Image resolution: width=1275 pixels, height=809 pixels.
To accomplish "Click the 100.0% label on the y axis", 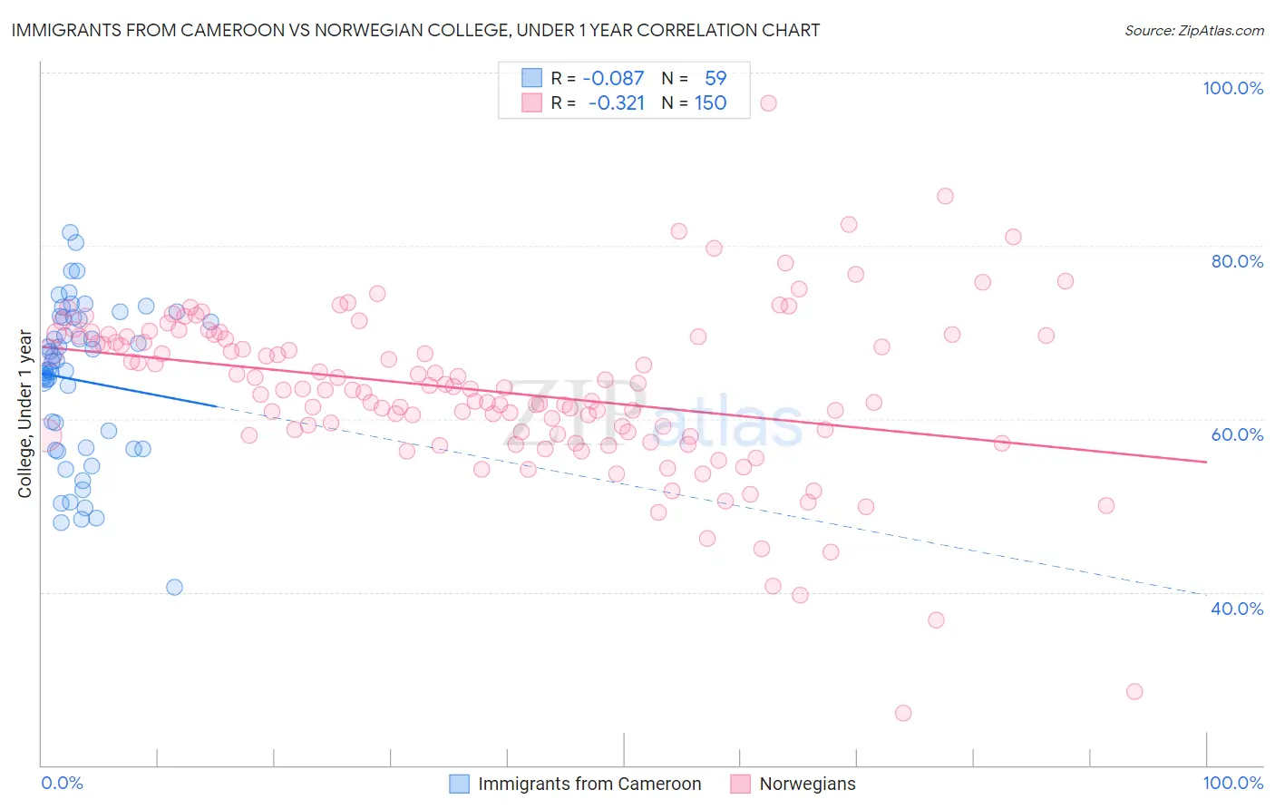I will click(1232, 88).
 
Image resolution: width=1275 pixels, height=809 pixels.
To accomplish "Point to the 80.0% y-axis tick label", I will click(1237, 261).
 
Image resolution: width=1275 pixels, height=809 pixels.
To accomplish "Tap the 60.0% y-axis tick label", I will click(1237, 434).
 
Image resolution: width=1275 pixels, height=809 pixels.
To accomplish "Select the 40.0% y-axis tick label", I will click(1237, 609).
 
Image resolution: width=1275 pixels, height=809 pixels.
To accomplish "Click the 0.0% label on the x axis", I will click(62, 783).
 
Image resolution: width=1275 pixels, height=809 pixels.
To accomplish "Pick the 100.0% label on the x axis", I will click(1232, 783).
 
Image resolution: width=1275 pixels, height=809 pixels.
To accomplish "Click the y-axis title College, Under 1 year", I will click(25, 414).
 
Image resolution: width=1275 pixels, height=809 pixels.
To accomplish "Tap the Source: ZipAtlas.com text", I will click(1193, 30).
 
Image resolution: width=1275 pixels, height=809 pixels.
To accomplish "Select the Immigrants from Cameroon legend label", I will click(589, 784).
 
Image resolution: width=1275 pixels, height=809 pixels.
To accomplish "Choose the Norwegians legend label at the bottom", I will click(807, 784).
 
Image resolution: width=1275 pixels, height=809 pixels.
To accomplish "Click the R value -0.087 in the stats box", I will click(613, 78).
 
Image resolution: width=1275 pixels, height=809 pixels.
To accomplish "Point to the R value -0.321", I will click(616, 102).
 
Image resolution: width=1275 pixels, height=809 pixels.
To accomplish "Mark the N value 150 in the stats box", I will click(710, 102).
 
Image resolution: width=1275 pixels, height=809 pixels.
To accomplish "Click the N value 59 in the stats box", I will click(715, 78).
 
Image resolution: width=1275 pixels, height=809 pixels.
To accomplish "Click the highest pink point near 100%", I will click(768, 102).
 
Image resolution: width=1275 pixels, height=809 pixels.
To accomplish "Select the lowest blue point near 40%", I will click(174, 587).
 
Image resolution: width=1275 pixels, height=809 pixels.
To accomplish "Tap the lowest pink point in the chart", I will click(902, 713).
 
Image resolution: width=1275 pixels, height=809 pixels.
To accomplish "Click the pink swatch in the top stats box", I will click(531, 102).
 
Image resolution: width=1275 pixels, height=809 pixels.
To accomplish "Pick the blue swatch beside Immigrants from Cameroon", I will click(460, 784).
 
